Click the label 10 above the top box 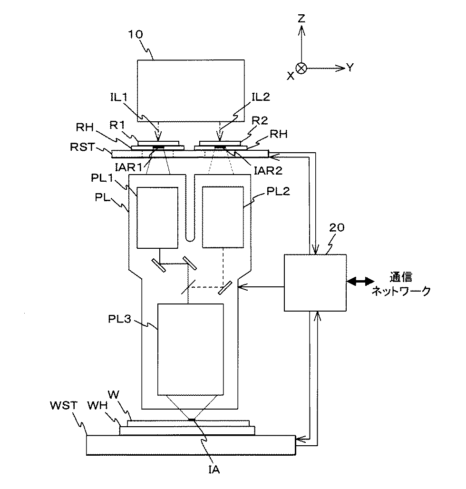(x=136, y=34)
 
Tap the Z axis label (x=301, y=19)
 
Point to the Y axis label (x=350, y=68)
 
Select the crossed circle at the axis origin (x=301, y=68)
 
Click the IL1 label (x=119, y=97)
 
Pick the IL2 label (x=261, y=97)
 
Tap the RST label (x=82, y=146)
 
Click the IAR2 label (x=268, y=170)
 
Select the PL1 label (x=102, y=178)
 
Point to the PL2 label (x=278, y=191)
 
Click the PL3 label (x=120, y=319)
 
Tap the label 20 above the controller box (x=337, y=227)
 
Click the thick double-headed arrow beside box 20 (x=360, y=282)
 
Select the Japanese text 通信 (x=401, y=277)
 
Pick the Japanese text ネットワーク (x=401, y=291)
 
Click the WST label (x=64, y=405)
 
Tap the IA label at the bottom (x=214, y=469)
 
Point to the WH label (x=97, y=405)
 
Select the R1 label (x=117, y=125)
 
